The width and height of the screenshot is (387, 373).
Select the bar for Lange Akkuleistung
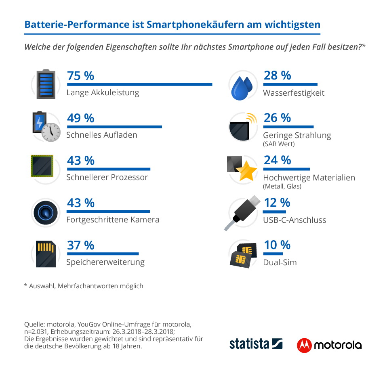coord(139,84)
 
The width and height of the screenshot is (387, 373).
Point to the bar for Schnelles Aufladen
coord(114,127)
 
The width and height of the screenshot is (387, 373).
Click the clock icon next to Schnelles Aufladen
coord(51,132)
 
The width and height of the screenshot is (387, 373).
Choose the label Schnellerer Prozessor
coord(107,177)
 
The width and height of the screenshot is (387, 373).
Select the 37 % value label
coord(80,245)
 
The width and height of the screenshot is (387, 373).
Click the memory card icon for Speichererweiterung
coord(45,254)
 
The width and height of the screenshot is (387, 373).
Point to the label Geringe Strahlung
coord(297,135)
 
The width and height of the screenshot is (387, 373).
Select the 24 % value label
coord(277,160)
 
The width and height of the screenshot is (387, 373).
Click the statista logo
coord(256,344)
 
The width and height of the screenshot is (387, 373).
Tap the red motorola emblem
coord(304,345)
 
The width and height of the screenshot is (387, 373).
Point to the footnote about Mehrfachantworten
coord(84,286)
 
